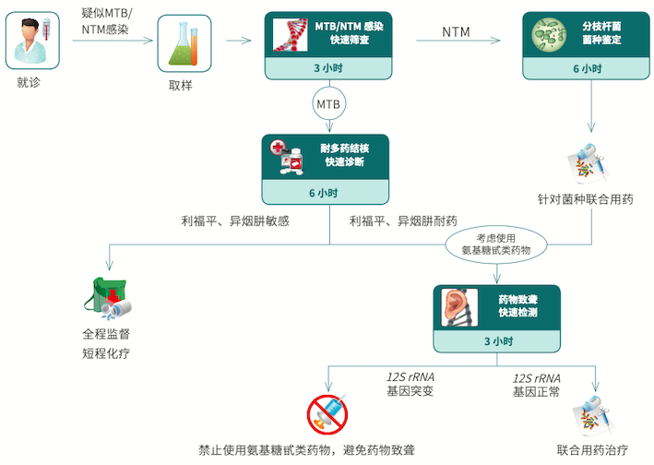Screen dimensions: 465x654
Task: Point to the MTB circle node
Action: click(x=329, y=104)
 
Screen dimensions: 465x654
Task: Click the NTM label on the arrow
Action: click(x=456, y=32)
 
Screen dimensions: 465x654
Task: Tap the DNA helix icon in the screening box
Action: click(x=292, y=35)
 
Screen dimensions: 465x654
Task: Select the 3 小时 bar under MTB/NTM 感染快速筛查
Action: click(x=329, y=68)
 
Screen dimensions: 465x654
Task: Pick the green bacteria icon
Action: click(x=552, y=35)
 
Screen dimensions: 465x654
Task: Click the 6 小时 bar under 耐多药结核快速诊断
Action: click(x=324, y=192)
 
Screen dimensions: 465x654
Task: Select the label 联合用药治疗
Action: click(x=591, y=450)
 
